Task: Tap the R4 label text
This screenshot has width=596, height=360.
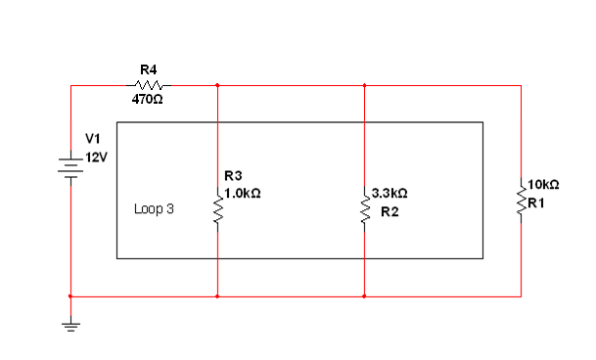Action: click(149, 69)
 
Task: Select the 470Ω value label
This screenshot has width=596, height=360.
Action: click(147, 100)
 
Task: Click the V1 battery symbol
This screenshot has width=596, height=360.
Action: click(70, 165)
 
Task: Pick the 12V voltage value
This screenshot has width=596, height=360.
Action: click(97, 157)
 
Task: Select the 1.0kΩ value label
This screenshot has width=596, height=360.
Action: click(242, 194)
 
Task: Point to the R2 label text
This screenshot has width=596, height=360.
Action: click(390, 210)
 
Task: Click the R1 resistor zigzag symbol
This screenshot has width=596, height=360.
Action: click(521, 200)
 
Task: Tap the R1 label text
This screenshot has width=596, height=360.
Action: click(537, 202)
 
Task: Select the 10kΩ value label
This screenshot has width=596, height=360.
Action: click(543, 184)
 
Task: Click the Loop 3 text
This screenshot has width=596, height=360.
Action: click(154, 209)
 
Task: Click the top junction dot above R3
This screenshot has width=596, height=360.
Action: click(217, 85)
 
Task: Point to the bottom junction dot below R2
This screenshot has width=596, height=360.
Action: click(364, 295)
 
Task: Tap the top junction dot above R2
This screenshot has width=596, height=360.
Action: click(364, 85)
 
